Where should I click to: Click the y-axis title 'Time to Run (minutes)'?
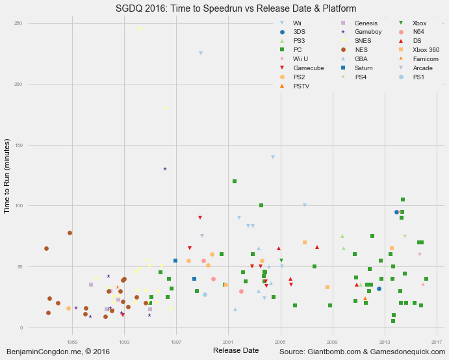pos(8,176)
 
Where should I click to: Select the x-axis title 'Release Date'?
pos(235,351)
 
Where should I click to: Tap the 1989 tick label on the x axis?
pos(72,341)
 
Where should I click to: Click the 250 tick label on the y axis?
pos(18,23)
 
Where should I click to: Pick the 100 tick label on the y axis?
pos(18,206)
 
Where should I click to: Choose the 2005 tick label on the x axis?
pos(281,341)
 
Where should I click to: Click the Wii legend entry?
pos(292,23)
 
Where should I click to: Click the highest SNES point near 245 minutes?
pos(140,29)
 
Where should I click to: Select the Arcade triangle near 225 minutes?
pos(201,53)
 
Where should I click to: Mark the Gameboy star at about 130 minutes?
pos(165,169)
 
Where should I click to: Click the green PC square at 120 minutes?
pos(235,181)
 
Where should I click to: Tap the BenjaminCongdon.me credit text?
pos(58,352)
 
